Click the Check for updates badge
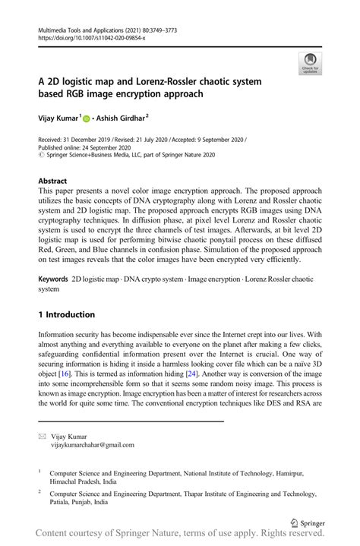coord(310,64)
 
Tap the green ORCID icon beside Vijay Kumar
coord(86,119)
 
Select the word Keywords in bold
coord(53,280)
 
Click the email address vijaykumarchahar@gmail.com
coord(92,445)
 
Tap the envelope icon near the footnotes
coord(43,437)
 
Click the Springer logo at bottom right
coord(307,523)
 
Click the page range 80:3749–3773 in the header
coord(171,27)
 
